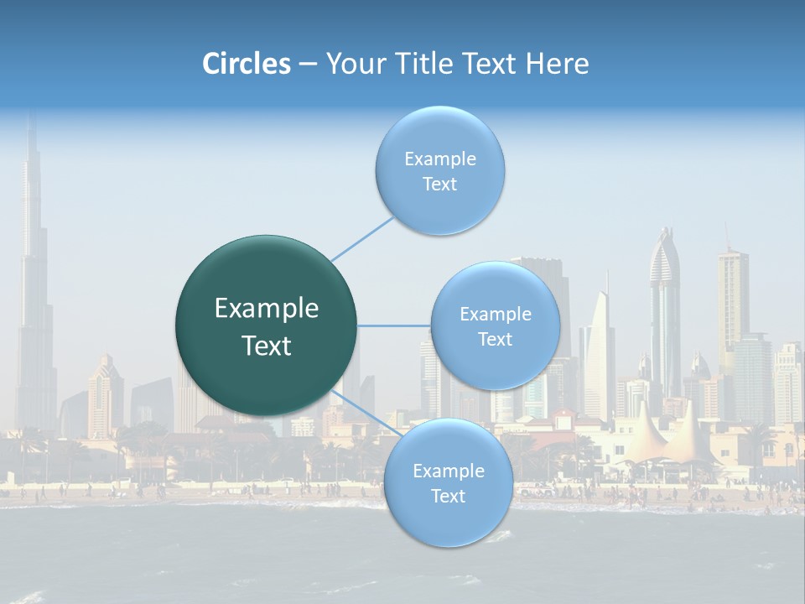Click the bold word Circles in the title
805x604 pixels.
click(x=247, y=64)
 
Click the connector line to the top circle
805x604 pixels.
click(x=362, y=238)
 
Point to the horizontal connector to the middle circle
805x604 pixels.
click(x=394, y=325)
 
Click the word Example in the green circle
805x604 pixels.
click(x=266, y=309)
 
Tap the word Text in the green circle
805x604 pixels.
click(x=266, y=346)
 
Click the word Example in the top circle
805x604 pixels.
click(x=439, y=159)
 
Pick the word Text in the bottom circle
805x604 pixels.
click(x=448, y=496)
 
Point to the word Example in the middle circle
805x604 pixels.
click(x=495, y=315)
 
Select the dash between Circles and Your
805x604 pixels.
click(x=308, y=65)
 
